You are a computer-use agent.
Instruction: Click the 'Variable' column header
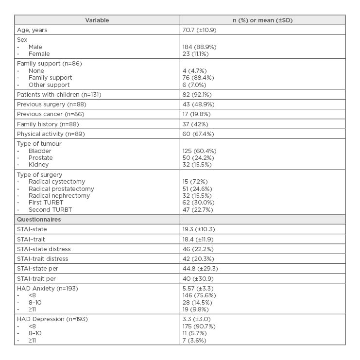[x=97, y=20]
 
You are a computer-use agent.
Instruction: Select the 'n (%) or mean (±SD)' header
[x=262, y=20]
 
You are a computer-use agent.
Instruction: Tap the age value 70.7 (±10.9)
[x=199, y=30]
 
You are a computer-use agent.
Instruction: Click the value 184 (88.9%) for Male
[x=199, y=47]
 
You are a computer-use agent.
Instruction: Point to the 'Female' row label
[x=39, y=54]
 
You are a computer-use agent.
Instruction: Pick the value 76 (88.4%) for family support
[x=198, y=78]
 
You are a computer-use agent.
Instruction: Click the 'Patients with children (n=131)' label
[x=59, y=95]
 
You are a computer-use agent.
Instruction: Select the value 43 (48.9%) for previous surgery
[x=198, y=104]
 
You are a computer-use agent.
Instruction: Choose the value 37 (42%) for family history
[x=195, y=124]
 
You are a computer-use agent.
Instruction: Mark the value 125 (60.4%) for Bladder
[x=199, y=151]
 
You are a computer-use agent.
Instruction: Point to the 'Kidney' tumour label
[x=38, y=165]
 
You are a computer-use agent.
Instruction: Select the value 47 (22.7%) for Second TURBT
[x=198, y=210]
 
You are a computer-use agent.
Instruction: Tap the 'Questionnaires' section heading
[x=39, y=220]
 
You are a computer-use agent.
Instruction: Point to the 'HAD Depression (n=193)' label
[x=52, y=319]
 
